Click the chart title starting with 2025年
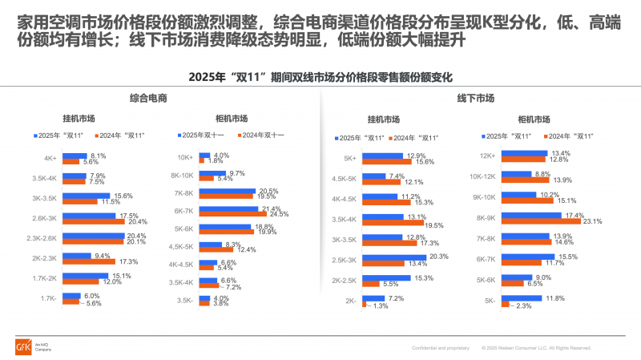[320, 78]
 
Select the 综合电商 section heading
[154, 99]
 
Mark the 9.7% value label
[236, 173]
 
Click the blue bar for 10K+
[204, 156]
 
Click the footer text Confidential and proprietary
[441, 349]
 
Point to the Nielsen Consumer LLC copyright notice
[537, 349]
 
